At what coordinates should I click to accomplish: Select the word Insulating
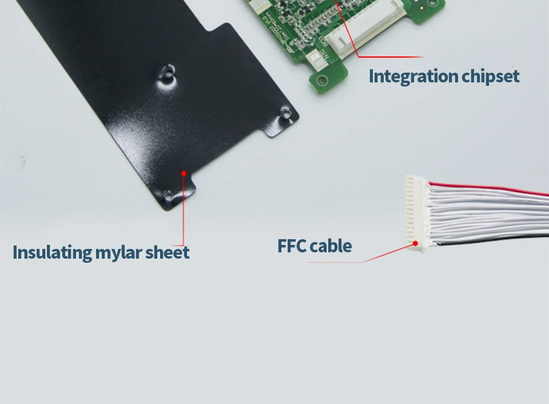point(52,252)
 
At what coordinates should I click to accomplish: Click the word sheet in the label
point(167,252)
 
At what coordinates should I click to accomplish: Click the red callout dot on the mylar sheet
point(184,172)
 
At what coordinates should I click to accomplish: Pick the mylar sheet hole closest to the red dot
point(168,196)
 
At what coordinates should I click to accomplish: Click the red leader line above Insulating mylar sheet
point(184,212)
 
